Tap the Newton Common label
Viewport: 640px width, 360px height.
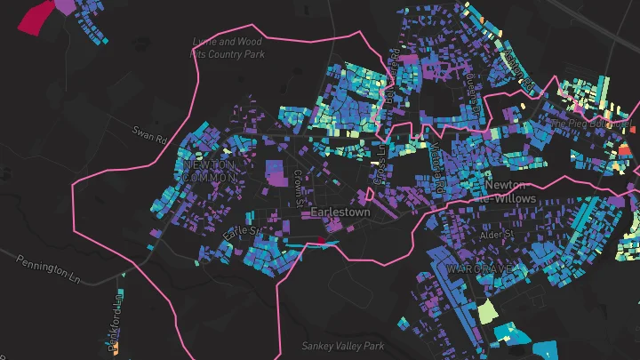point(209,172)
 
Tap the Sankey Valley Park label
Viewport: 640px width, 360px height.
point(341,346)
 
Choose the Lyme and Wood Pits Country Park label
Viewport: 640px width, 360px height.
point(228,47)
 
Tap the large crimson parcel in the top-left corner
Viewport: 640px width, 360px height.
point(36,15)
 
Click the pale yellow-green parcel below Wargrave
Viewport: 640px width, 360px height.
point(486,312)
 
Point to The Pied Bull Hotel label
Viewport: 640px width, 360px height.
point(588,123)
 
